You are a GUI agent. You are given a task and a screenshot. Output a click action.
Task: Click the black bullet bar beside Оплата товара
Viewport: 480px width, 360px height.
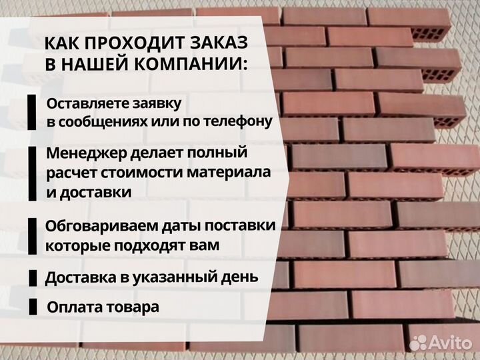click(x=33, y=307)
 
